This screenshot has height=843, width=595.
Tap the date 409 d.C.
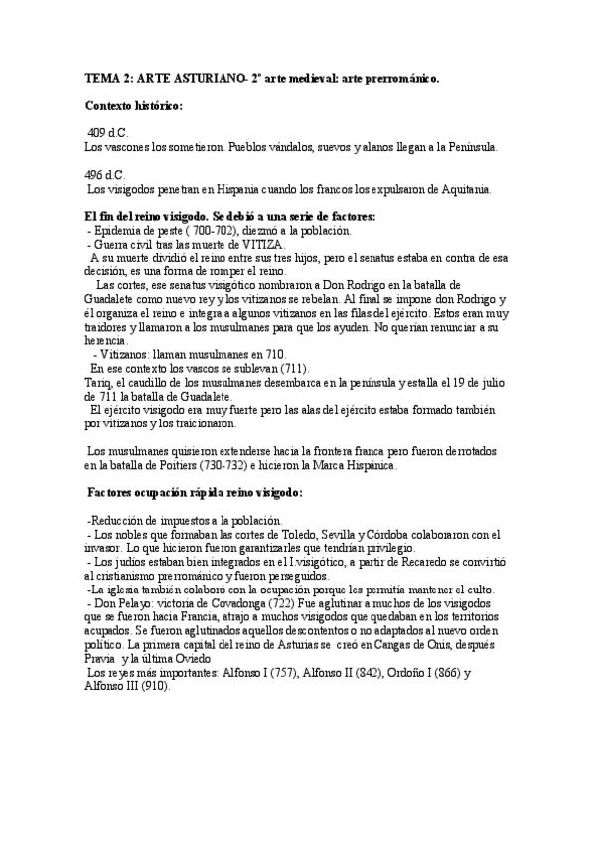[108, 133]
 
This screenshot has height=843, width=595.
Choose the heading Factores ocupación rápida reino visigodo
[195, 492]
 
